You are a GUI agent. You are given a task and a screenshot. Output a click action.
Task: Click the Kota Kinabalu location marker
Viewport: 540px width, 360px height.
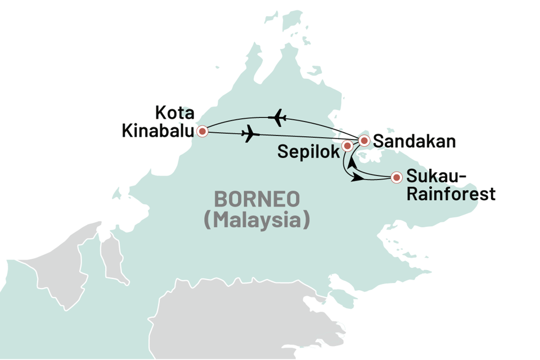(201, 132)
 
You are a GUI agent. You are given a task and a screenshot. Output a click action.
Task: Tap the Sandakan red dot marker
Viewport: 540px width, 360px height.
(364, 140)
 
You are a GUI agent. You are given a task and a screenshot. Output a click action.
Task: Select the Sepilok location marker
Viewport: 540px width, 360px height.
(347, 146)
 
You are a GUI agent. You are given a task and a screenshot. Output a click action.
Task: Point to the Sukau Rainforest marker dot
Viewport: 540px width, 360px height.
(397, 178)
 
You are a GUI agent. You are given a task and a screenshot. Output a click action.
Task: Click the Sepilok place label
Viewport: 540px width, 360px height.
(308, 151)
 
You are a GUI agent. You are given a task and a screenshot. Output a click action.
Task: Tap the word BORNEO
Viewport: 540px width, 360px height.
(256, 200)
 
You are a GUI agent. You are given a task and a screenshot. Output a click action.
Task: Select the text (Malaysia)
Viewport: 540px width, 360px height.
(256, 219)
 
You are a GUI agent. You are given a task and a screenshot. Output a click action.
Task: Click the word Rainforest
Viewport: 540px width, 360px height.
(451, 195)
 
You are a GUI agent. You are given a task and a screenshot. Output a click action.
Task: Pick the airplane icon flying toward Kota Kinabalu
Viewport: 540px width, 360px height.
(277, 118)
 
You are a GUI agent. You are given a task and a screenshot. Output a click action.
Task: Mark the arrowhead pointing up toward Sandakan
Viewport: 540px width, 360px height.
(350, 163)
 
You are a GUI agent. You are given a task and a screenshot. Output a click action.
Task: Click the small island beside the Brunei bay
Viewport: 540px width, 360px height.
(117, 195)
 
